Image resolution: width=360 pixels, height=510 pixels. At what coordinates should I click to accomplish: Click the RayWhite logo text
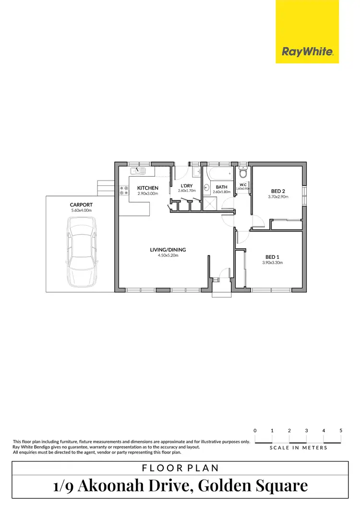point(307,52)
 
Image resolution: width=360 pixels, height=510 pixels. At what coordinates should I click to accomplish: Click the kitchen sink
point(138,171)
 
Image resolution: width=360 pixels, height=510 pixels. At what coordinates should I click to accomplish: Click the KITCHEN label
point(148,188)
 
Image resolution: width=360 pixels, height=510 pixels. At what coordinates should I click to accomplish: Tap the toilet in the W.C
point(243,172)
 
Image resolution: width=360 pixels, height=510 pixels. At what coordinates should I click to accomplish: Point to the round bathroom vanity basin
point(206,188)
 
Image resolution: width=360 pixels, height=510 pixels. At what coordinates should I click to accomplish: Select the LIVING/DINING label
point(168,250)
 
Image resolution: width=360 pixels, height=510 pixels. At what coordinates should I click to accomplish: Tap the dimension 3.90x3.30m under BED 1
point(272,263)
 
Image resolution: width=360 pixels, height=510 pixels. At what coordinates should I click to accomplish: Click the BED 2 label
point(278,191)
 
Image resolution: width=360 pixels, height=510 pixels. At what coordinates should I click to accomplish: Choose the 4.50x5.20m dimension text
point(168,255)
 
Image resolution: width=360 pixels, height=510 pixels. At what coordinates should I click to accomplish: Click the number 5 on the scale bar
point(341,430)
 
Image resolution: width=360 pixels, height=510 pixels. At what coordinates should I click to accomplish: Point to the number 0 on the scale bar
point(255,430)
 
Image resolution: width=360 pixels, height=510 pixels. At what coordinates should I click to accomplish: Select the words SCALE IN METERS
point(298,448)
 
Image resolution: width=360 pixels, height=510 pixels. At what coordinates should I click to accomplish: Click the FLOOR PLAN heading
point(180,468)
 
